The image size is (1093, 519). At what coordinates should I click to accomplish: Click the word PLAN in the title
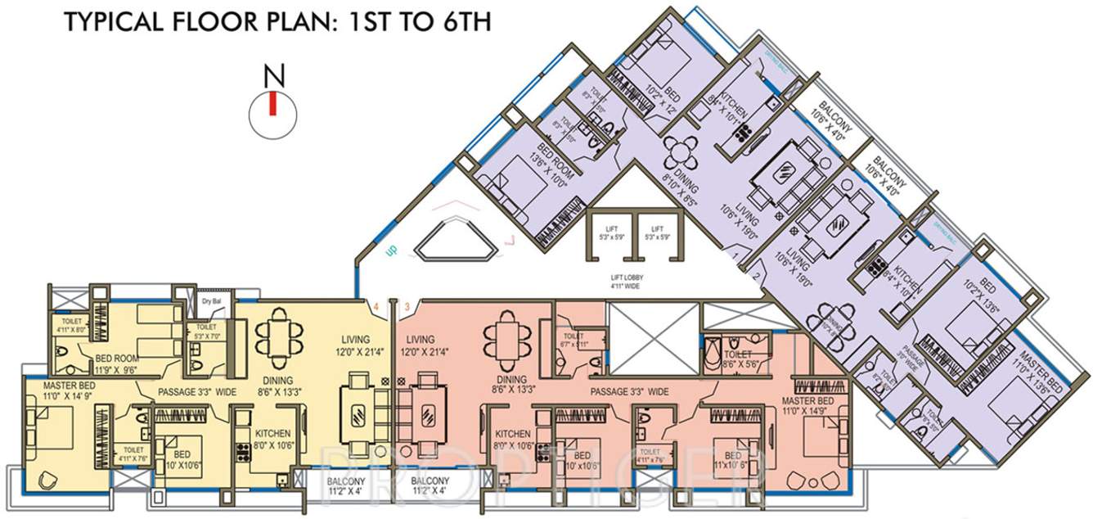[x=266, y=22]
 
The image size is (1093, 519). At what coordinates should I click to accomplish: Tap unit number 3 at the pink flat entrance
[x=406, y=306]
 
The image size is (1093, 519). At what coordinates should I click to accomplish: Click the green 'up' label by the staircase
[x=390, y=250]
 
